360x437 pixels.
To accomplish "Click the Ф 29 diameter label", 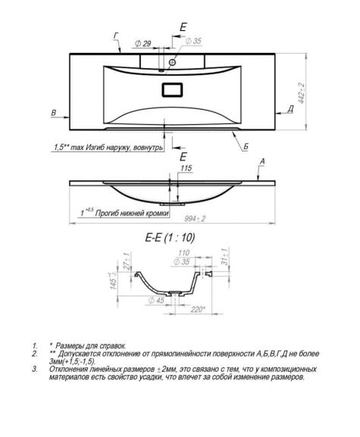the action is click(142, 43).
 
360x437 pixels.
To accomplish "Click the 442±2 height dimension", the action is click(302, 93).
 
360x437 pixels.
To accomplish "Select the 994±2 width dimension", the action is click(195, 219).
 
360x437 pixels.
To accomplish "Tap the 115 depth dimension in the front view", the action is click(186, 168).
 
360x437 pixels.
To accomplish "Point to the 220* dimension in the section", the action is click(198, 309).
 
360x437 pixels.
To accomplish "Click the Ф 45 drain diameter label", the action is click(156, 301).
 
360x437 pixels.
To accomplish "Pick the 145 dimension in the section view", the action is click(114, 281).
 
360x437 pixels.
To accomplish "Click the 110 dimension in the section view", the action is click(183, 253).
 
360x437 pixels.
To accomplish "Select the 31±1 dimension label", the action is click(225, 256).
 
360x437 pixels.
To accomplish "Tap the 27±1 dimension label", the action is click(126, 261).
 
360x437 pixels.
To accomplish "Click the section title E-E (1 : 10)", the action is click(170, 238).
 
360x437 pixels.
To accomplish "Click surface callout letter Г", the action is click(116, 36).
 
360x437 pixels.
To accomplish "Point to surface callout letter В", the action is click(54, 113).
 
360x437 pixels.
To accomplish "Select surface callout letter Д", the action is click(290, 110).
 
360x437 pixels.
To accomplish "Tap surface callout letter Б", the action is click(246, 147).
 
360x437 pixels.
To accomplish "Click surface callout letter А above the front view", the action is click(262, 161).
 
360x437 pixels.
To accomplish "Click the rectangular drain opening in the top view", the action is click(172, 89).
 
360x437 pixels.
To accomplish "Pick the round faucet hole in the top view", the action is click(172, 62).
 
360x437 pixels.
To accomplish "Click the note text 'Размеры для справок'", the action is click(91, 346).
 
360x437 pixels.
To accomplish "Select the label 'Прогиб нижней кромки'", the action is click(132, 214).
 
